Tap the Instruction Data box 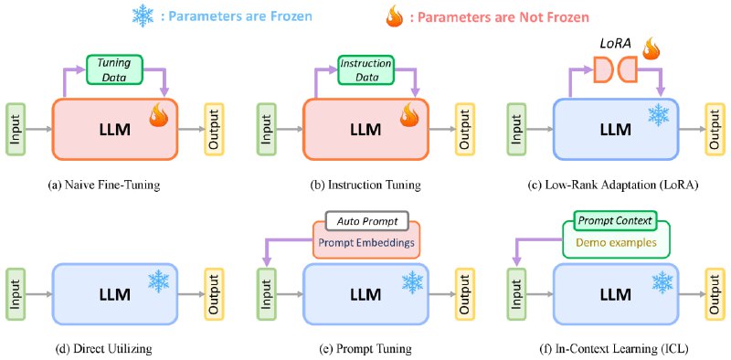[x=365, y=70]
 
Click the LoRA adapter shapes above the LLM [x=617, y=70]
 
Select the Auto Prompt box [x=365, y=222]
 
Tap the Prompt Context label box [x=613, y=221]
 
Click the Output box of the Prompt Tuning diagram [x=465, y=295]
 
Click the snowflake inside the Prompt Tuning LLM [x=414, y=281]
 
